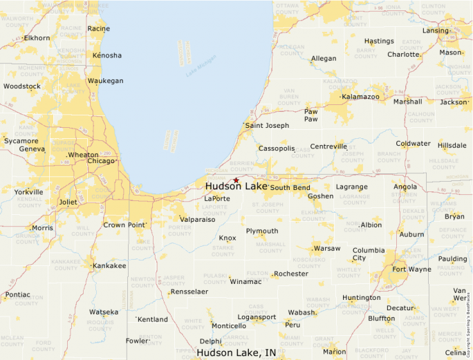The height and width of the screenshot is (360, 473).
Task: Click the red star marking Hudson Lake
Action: click(x=236, y=180)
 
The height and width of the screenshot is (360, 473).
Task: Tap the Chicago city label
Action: click(x=101, y=161)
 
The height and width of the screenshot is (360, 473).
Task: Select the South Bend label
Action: click(x=290, y=187)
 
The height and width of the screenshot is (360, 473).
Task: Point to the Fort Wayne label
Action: click(x=411, y=269)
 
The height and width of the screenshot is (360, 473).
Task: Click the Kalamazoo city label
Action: click(x=360, y=97)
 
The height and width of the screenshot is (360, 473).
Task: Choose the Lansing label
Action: click(x=436, y=30)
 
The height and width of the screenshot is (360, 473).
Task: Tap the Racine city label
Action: click(x=99, y=28)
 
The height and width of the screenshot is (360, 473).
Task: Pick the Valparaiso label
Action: click(x=197, y=219)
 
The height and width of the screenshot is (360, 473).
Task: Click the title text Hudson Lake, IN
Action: click(x=236, y=352)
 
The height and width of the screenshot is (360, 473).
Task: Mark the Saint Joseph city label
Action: click(x=267, y=126)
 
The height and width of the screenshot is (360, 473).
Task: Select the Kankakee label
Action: click(x=109, y=265)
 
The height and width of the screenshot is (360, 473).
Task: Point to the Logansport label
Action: click(x=257, y=317)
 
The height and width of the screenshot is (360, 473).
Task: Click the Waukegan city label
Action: click(x=105, y=81)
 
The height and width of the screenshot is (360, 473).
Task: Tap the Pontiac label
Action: click(x=17, y=294)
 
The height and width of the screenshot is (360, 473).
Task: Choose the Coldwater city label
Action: click(x=413, y=144)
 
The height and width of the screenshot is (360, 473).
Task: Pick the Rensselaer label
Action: click(x=189, y=292)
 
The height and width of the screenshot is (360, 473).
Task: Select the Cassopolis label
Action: click(x=277, y=149)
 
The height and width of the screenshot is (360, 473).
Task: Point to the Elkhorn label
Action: click(x=37, y=38)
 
